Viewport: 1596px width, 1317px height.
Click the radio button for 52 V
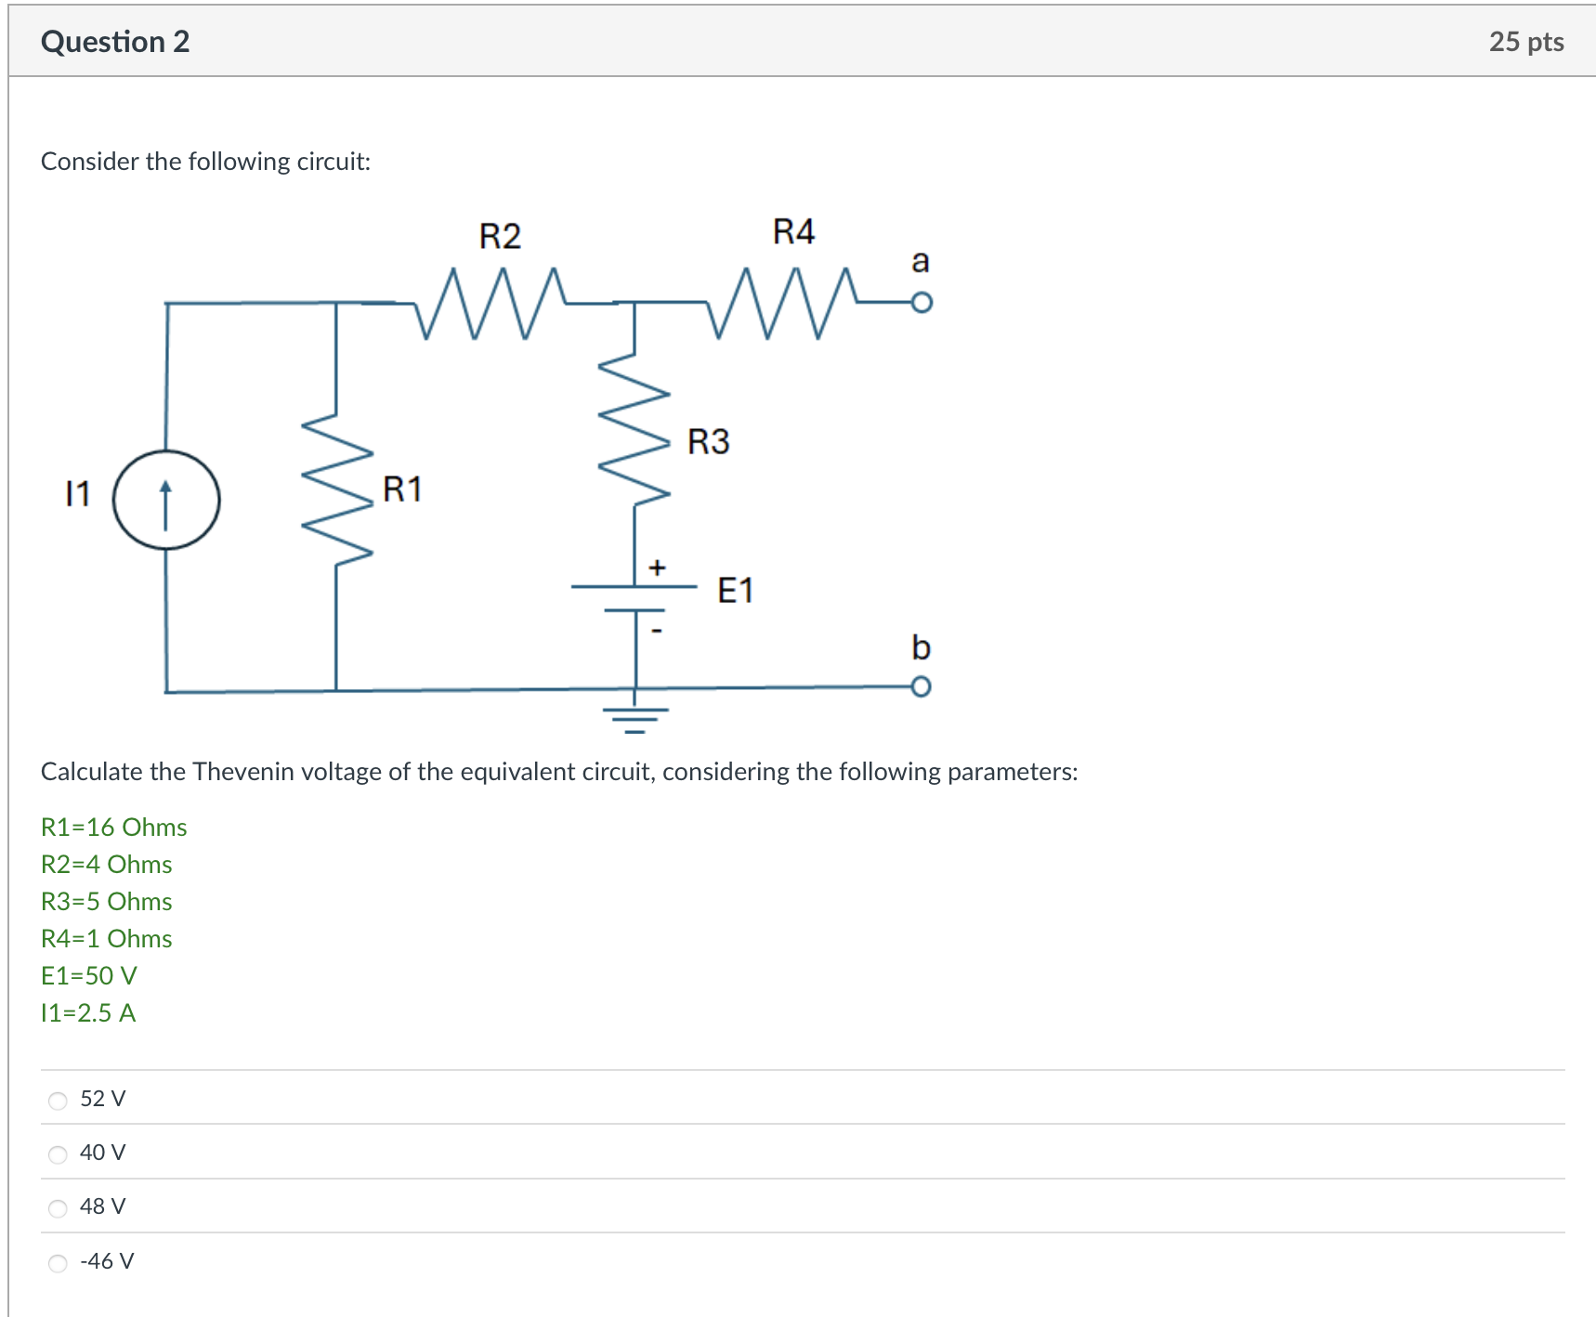click(58, 1101)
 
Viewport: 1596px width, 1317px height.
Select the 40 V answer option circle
click(58, 1154)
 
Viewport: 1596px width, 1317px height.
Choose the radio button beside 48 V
click(58, 1208)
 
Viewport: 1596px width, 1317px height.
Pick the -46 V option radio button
click(58, 1263)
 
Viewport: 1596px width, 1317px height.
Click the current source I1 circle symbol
click(166, 500)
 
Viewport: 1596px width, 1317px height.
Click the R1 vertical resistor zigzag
click(336, 489)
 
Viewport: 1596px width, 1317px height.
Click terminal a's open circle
click(921, 303)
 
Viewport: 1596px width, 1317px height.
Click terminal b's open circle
click(921, 686)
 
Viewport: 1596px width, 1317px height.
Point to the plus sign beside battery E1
click(657, 567)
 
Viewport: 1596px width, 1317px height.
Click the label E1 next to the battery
click(735, 591)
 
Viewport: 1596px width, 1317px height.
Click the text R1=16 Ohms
click(113, 828)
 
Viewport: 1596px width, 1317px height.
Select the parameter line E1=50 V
click(89, 976)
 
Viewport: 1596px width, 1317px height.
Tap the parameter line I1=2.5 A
click(88, 1013)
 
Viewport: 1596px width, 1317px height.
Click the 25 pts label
click(1525, 42)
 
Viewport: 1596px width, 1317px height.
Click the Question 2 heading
click(115, 42)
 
